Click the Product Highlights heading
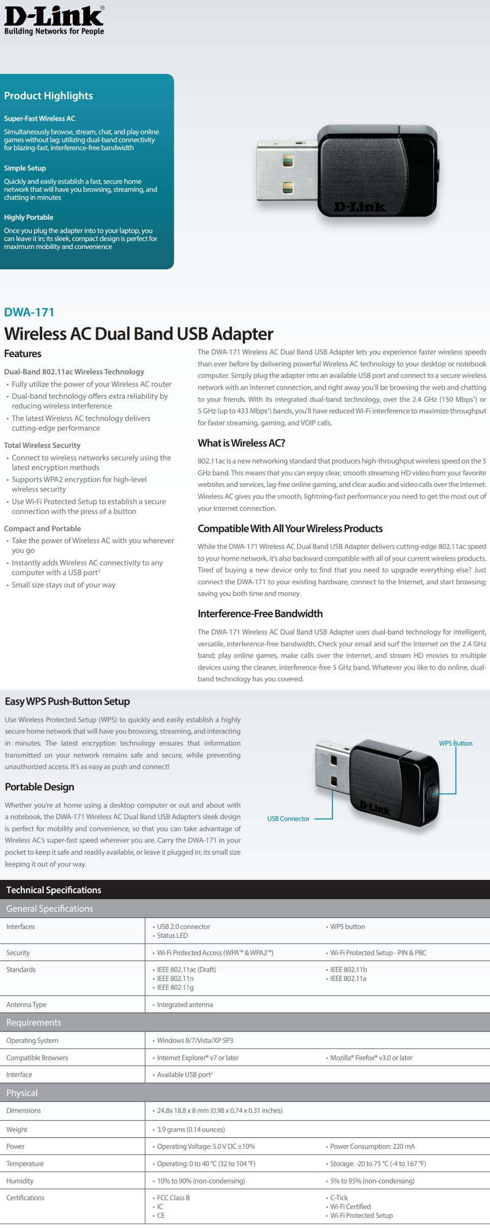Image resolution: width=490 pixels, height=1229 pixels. (x=48, y=96)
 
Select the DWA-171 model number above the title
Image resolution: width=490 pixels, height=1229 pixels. (x=29, y=312)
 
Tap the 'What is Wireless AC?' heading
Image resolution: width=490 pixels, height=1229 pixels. (x=241, y=443)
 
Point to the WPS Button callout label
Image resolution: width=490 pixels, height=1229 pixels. (x=455, y=743)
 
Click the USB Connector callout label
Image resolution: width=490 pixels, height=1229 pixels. (x=288, y=818)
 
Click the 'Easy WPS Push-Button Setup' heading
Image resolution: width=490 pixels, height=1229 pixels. (x=67, y=701)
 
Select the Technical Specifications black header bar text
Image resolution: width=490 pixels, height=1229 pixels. (x=53, y=890)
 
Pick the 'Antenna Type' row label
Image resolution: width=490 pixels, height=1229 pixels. (x=26, y=1004)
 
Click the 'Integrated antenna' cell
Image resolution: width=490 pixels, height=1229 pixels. (x=185, y=1004)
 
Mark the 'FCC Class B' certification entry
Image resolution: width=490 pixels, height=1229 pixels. (x=173, y=1198)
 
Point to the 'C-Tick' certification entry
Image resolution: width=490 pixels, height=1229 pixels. (x=339, y=1198)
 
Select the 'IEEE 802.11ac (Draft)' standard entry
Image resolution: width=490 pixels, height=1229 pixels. (x=186, y=969)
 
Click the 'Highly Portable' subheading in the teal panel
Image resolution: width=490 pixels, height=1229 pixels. (x=28, y=217)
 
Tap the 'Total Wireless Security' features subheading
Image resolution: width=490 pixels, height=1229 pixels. (x=42, y=445)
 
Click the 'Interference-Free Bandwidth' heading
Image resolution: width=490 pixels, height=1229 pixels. (x=260, y=614)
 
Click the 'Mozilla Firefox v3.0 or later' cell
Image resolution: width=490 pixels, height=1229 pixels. (x=371, y=1058)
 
